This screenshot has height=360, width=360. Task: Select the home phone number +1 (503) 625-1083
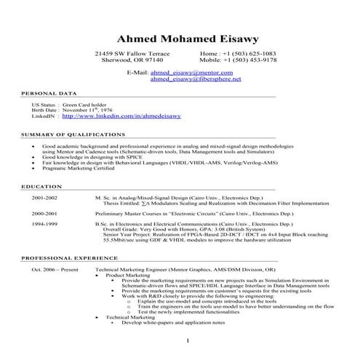pos(249,54)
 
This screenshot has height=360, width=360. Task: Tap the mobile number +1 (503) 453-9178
pos(249,61)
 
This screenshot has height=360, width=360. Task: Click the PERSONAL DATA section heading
pos(48,95)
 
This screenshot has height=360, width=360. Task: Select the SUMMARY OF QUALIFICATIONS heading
pos(73,135)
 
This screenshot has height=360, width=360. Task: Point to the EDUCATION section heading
pos(41,187)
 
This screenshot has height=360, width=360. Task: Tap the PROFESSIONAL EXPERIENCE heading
pos(70,258)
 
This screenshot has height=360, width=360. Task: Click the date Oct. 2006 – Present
pos(55,269)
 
